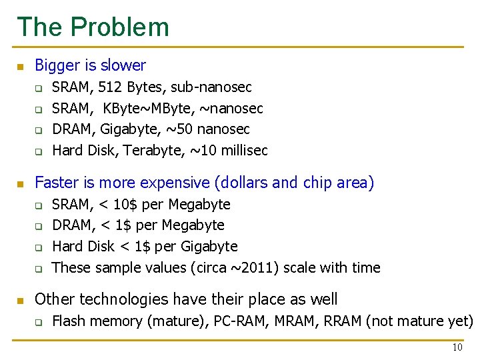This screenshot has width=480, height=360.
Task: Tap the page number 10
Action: [457, 347]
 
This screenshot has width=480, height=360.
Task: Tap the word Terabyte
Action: [152, 151]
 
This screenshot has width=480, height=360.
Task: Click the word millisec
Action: [241, 151]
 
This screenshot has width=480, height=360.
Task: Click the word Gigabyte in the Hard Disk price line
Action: [208, 247]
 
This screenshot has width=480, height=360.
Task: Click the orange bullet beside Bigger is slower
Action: [21, 67]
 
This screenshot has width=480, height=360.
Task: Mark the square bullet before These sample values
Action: [39, 269]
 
